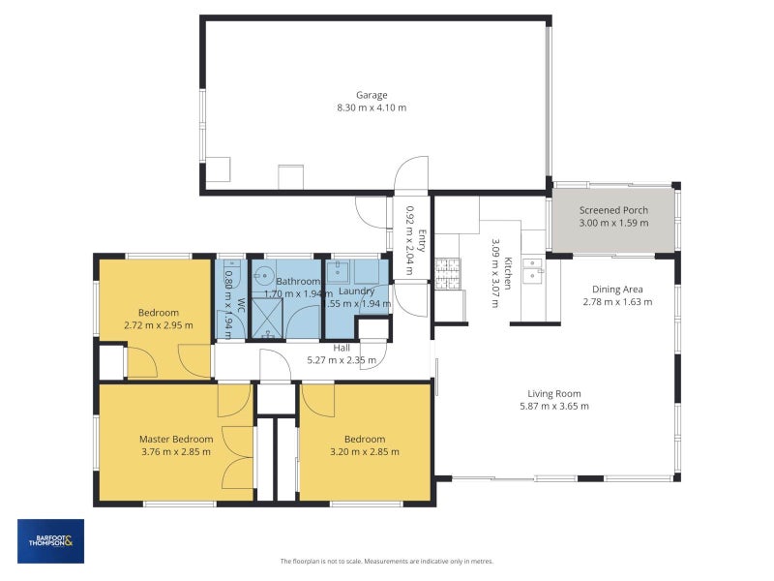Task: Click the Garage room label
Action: coord(372,95)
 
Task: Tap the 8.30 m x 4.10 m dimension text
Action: coord(372,109)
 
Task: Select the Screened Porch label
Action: coord(613,210)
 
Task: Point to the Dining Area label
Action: coord(617,289)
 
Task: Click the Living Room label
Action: coord(553,393)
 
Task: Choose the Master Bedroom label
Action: coord(175,439)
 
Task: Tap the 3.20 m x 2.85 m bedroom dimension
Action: coord(364,451)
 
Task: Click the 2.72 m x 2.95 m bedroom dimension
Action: coord(158,325)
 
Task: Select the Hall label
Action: coord(342,348)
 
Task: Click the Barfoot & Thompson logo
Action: coord(50,541)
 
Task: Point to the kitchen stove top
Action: coord(447,273)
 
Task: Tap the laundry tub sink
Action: coord(339,271)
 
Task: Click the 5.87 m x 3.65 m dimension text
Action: coord(553,407)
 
